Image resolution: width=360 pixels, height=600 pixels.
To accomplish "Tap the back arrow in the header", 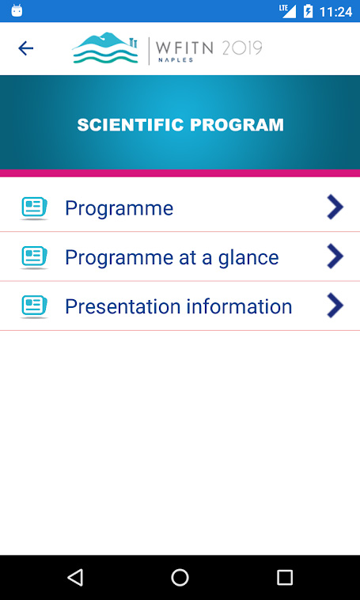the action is pos(25,48).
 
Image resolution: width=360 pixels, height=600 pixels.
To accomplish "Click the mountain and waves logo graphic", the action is pos(105,47).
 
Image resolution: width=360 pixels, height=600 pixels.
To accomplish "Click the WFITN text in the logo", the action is pos(184,47).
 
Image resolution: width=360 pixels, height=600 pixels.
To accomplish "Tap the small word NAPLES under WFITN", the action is pos(176,60).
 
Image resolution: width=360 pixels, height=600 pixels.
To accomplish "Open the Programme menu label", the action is pos(119,208).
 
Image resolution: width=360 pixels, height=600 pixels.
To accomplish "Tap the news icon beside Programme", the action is pos(34,208).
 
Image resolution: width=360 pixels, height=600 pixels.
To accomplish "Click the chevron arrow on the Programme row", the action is pos(335,207).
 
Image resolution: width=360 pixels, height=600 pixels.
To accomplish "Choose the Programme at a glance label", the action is pos(172,257).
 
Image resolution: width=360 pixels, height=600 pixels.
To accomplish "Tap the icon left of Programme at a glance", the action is pos(34,257).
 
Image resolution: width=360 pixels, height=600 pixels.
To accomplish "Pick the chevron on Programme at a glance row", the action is pos(335,256).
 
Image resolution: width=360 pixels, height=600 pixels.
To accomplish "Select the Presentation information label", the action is pos(179,306).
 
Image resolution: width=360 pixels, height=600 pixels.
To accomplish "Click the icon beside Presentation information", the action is pos(34,306).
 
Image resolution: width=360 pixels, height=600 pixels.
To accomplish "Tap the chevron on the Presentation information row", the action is pos(335,306).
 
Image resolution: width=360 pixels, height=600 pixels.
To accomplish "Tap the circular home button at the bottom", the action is pos(180,577).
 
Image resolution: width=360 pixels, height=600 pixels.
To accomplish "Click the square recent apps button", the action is pos(285,577).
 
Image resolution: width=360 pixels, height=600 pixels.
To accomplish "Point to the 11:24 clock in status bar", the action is pos(335,12).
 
